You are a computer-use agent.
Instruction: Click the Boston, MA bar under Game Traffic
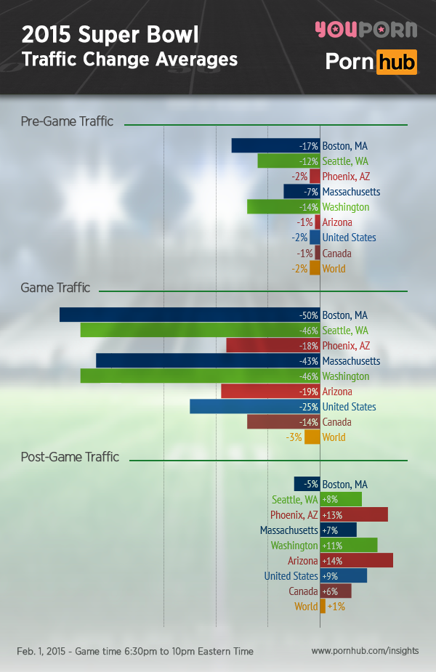(x=189, y=315)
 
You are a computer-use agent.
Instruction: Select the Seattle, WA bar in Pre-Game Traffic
(x=288, y=161)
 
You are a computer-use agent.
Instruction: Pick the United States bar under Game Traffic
(x=254, y=407)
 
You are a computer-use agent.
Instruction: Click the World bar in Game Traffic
(x=312, y=437)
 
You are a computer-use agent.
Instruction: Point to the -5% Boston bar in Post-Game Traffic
(x=307, y=485)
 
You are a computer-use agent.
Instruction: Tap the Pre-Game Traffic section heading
(x=67, y=121)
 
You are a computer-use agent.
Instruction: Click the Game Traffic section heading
(x=55, y=288)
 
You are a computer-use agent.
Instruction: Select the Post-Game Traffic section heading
(x=70, y=457)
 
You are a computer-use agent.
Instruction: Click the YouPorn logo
(x=366, y=30)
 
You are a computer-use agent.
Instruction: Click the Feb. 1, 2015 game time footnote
(x=135, y=652)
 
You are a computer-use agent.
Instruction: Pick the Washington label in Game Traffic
(x=346, y=376)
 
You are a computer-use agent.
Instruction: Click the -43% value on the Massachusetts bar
(x=309, y=361)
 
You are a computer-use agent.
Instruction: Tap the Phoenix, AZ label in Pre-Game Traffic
(x=346, y=177)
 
